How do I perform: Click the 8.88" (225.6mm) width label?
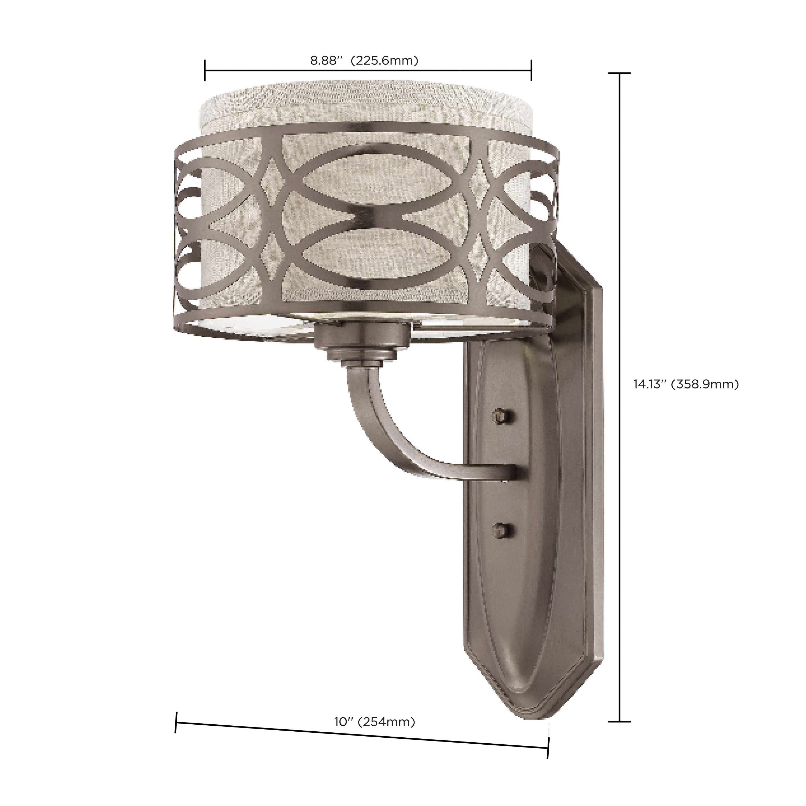364,61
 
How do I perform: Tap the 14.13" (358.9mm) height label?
686,384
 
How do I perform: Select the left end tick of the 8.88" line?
205,70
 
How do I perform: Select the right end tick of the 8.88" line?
531,70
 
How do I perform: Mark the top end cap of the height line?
619,73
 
